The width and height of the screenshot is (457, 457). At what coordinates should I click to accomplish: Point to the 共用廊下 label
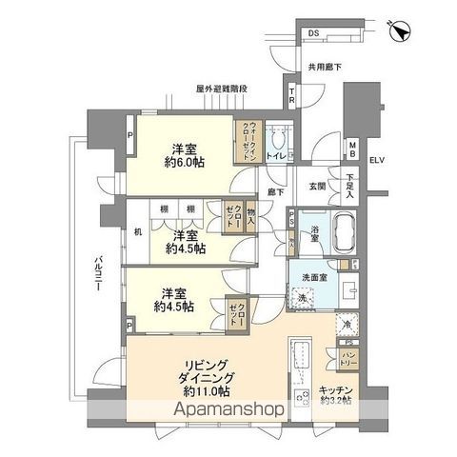[x=324, y=67]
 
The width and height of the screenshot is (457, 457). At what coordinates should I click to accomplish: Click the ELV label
[x=379, y=161]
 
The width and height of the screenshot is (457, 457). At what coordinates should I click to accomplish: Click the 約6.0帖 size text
[x=185, y=164]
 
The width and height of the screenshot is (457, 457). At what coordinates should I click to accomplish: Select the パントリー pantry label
[x=348, y=357]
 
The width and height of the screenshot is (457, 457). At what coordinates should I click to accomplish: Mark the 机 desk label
[x=137, y=231]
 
